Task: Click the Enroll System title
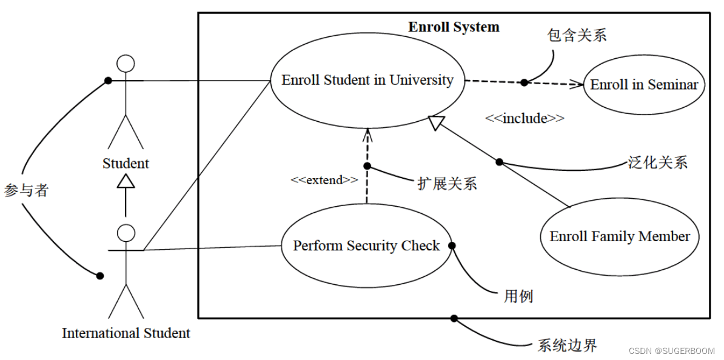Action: pos(454,27)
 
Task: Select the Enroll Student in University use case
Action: pos(367,81)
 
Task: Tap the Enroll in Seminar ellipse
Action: pos(644,85)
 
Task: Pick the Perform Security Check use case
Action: pos(367,245)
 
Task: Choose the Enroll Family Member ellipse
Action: pos(620,236)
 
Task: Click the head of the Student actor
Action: pos(126,64)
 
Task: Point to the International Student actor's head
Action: pos(126,233)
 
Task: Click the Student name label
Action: pos(126,164)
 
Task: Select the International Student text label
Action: pos(126,333)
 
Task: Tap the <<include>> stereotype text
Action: pos(525,118)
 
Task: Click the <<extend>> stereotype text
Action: pos(324,180)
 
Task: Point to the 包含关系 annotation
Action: pos(577,35)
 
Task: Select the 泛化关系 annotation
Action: pos(657,162)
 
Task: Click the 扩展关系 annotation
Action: pos(447,184)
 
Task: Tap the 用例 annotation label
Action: pos(518,296)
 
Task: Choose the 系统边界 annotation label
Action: pos(568,345)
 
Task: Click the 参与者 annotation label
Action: pos(26,190)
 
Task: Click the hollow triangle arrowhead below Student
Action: pos(126,181)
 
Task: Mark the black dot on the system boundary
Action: pos(454,318)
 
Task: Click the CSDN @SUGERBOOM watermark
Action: pos(671,351)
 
